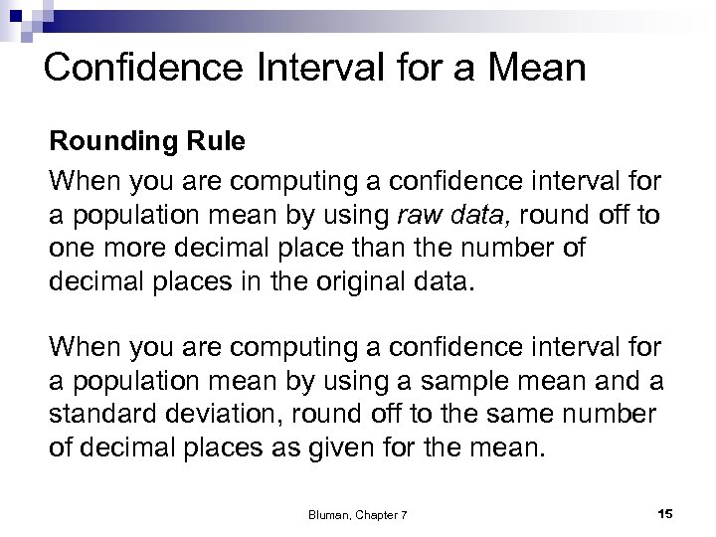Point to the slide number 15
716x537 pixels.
point(665,512)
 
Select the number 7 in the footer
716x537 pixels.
point(405,512)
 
